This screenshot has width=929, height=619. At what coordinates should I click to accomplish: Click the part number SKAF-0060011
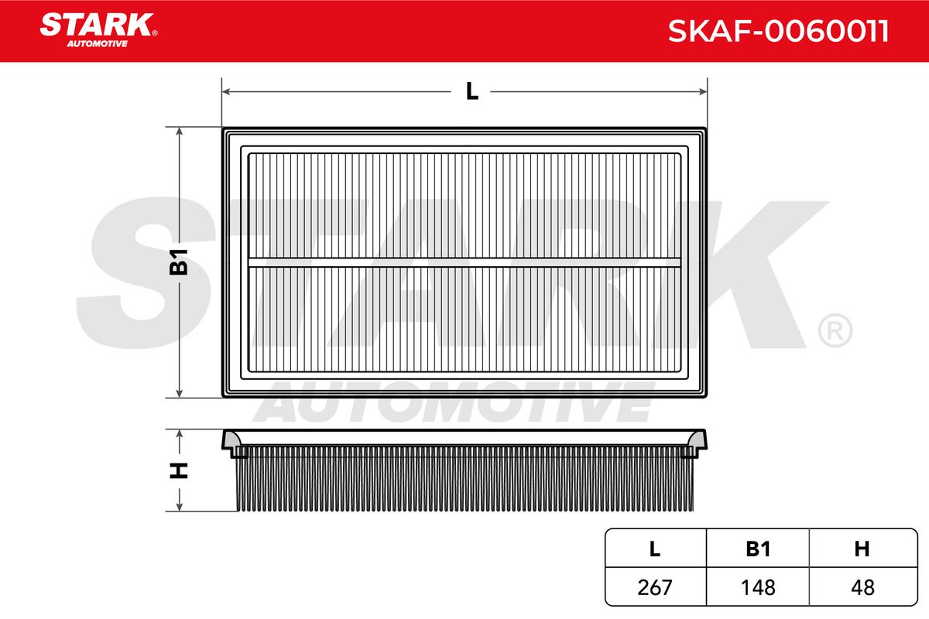click(778, 31)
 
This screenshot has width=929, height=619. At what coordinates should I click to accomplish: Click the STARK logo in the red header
click(98, 25)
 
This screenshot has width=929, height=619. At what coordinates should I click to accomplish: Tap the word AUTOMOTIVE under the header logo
click(98, 44)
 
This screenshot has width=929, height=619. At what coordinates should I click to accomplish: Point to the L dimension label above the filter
click(472, 91)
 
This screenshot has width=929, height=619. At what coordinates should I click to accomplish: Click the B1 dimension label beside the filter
click(179, 262)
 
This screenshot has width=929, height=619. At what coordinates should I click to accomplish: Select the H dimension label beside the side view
click(179, 470)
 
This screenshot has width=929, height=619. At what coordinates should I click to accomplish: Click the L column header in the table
click(654, 549)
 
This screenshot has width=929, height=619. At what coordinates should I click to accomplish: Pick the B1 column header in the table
click(758, 549)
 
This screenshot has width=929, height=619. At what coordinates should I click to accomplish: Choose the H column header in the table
click(862, 549)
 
